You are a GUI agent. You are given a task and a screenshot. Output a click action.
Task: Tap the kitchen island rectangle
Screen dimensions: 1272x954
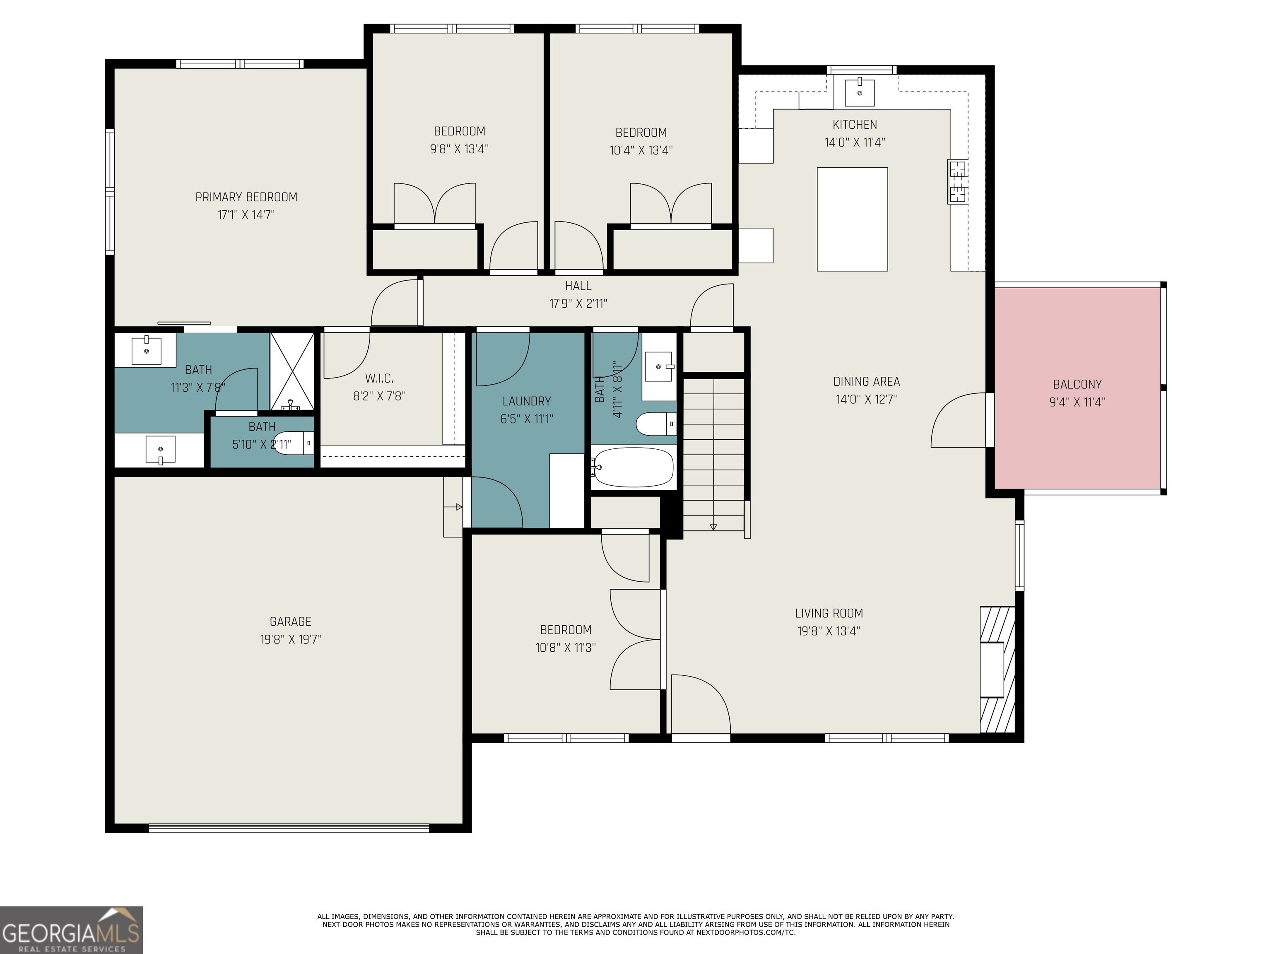coord(852,219)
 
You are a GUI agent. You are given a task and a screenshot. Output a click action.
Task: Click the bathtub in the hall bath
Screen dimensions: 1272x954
coord(633,467)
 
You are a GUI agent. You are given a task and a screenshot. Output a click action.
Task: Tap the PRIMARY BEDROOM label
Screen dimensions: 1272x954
coord(246,197)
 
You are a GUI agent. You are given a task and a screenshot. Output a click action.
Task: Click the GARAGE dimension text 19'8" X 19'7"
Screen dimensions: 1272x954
coord(290,639)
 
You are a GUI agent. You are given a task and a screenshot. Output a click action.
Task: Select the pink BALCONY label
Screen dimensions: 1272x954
coord(1077,384)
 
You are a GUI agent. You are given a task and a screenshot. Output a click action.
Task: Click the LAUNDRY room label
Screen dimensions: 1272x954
coord(527,401)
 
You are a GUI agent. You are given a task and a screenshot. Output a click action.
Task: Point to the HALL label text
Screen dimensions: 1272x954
coord(578,286)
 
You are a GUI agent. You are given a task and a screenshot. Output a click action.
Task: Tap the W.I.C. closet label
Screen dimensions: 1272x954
coord(379,378)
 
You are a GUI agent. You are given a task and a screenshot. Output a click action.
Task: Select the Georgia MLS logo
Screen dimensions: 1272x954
coord(71,930)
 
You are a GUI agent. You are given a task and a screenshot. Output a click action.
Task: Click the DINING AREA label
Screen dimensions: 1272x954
coord(867,381)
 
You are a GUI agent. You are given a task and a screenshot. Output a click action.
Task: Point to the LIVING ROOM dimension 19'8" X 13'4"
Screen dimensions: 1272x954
coord(829,631)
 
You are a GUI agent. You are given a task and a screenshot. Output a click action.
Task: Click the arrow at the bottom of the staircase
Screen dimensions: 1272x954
coord(713,527)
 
